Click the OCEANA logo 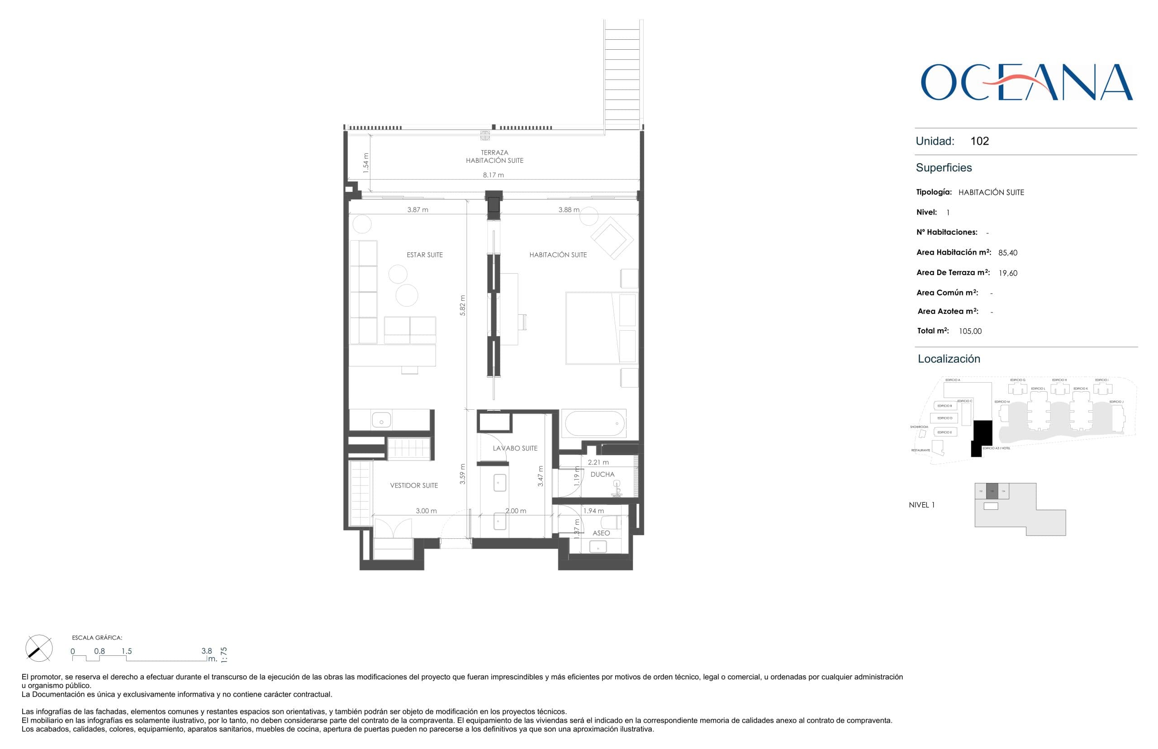[1026, 82]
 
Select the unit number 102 [979, 141]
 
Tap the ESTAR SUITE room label [424, 255]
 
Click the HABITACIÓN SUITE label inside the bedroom [557, 255]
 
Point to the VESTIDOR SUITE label [413, 485]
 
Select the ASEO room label [601, 533]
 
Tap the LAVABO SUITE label [515, 448]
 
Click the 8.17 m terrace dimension [493, 175]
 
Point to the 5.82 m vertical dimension [462, 305]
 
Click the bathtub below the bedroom [594, 423]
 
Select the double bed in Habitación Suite [601, 328]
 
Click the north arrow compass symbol [38, 648]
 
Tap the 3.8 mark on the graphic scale [207, 651]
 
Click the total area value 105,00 [970, 331]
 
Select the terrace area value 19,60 [1007, 273]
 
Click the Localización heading [949, 359]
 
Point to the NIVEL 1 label [921, 505]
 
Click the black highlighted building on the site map [982, 433]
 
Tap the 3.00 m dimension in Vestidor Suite [426, 511]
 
